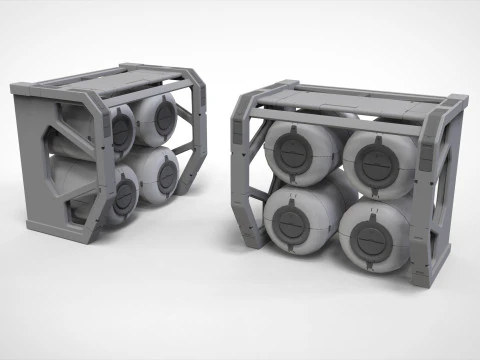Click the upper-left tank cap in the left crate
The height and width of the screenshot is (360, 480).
(x=122, y=126)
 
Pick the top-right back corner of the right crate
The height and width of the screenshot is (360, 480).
(x=460, y=100)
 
